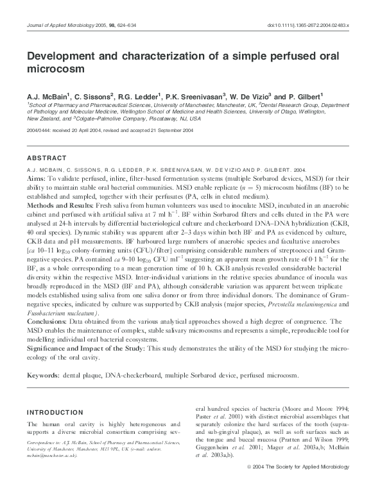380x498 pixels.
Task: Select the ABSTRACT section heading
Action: [x=47, y=158]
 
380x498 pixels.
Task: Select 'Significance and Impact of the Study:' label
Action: [x=86, y=347]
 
